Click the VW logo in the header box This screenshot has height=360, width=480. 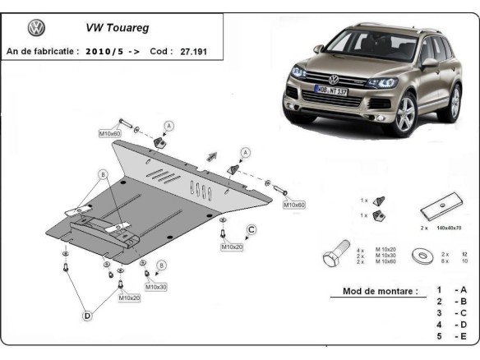click(37, 28)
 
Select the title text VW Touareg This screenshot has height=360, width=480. click(115, 27)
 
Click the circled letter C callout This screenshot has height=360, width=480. click(252, 229)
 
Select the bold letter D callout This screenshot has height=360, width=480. click(86, 314)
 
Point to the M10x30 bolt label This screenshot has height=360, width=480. click(155, 287)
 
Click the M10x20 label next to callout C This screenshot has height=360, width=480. click(231, 247)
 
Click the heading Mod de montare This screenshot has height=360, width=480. click(374, 291)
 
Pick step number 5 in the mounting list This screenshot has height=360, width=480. click(440, 336)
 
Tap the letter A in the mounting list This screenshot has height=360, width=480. click(464, 290)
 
